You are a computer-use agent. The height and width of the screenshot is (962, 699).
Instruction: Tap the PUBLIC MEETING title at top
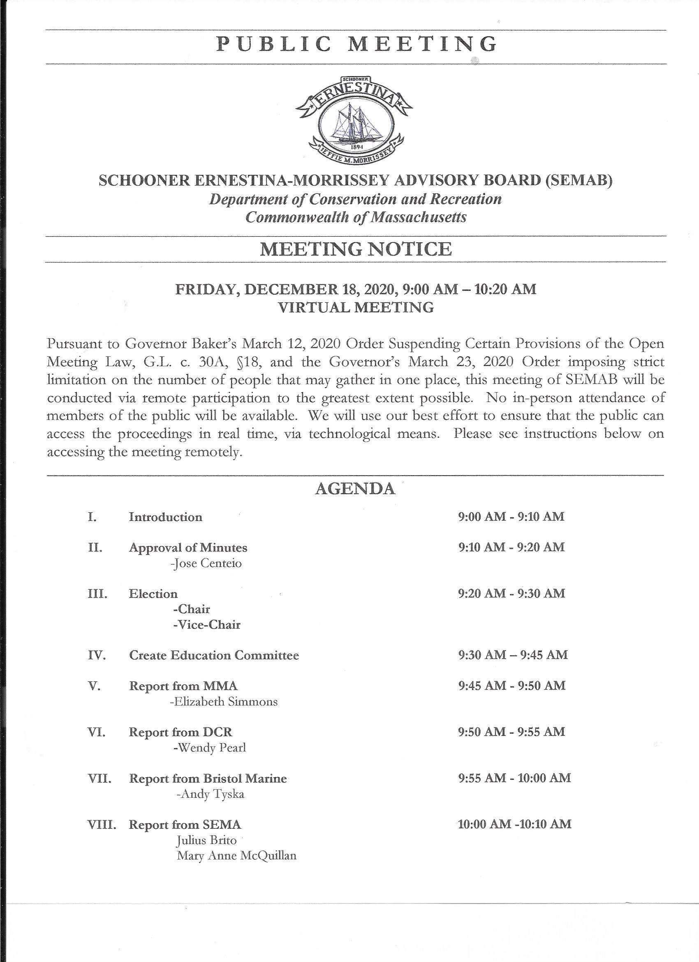click(356, 44)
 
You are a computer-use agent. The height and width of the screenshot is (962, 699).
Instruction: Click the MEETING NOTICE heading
click(356, 249)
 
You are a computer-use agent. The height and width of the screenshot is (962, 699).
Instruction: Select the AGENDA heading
click(355, 489)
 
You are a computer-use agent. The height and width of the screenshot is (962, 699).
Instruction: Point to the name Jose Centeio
click(206, 564)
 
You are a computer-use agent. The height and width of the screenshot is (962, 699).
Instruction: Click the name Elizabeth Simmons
click(223, 702)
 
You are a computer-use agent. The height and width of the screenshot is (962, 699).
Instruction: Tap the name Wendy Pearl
click(210, 748)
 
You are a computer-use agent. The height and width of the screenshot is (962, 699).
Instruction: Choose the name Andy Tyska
click(210, 794)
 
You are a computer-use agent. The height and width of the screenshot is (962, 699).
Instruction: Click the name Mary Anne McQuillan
click(236, 856)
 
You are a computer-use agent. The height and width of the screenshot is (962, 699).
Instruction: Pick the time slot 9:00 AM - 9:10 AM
click(511, 517)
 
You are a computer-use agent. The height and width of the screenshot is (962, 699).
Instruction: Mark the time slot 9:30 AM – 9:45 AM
click(512, 655)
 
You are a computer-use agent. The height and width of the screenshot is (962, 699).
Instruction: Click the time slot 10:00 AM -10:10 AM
click(515, 824)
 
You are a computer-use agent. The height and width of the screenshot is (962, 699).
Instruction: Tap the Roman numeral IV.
click(96, 656)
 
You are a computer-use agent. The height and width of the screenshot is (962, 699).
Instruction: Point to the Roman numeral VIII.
click(102, 825)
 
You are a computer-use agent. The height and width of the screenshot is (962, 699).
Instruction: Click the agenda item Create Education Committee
click(214, 656)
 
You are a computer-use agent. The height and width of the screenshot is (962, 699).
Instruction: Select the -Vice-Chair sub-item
click(206, 625)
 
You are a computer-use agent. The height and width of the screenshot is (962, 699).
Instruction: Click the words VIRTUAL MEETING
click(356, 307)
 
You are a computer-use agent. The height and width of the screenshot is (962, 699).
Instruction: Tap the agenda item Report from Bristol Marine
click(208, 779)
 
